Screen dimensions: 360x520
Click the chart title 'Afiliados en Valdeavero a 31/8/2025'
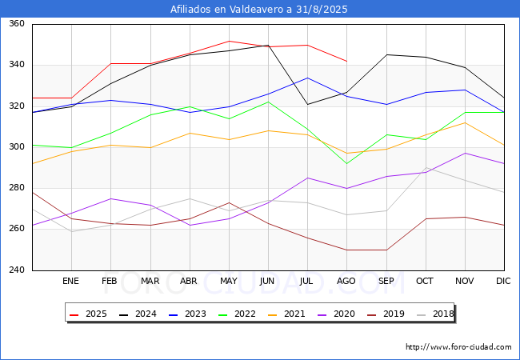pyautogui.click(x=259, y=10)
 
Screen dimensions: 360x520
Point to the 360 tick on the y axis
pyautogui.click(x=17, y=24)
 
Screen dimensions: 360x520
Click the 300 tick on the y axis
pyautogui.click(x=17, y=147)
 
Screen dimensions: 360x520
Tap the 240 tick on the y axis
pyautogui.click(x=17, y=270)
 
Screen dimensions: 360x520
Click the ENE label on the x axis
pyautogui.click(x=71, y=282)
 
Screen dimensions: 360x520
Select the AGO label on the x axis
pyautogui.click(x=346, y=282)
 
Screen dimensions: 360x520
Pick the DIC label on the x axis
pyautogui.click(x=503, y=282)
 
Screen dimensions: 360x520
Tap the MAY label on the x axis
pyautogui.click(x=229, y=282)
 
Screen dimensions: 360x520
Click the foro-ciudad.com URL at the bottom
pyautogui.click(x=458, y=347)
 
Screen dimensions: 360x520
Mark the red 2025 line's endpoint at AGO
pyautogui.click(x=346, y=61)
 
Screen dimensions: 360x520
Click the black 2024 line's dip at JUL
pyautogui.click(x=307, y=104)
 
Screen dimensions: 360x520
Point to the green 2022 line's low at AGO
pyautogui.click(x=346, y=163)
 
